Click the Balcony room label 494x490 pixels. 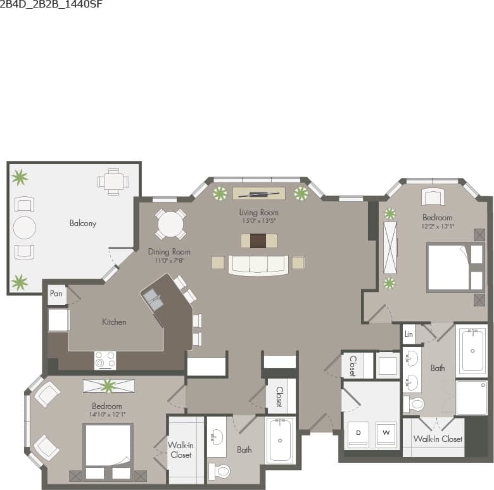pyautogui.click(x=83, y=223)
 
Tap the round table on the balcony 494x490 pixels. pyautogui.click(x=24, y=227)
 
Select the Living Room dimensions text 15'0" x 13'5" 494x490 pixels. pyautogui.click(x=258, y=221)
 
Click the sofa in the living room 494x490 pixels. pyautogui.click(x=258, y=265)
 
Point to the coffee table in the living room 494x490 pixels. pyautogui.click(x=258, y=241)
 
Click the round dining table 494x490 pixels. pyautogui.click(x=170, y=223)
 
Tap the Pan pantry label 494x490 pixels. pyautogui.click(x=56, y=294)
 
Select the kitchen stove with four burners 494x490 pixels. pyautogui.click(x=105, y=360)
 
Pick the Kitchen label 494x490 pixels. pyautogui.click(x=114, y=322)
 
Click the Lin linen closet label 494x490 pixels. pyautogui.click(x=409, y=334)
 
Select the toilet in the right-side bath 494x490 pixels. pyautogui.click(x=417, y=403)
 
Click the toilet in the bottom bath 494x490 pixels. pyautogui.click(x=221, y=470)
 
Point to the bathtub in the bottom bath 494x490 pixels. pyautogui.click(x=279, y=440)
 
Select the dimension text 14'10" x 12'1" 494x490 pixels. pyautogui.click(x=107, y=415)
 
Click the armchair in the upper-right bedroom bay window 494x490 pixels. pyautogui.click(x=433, y=196)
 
